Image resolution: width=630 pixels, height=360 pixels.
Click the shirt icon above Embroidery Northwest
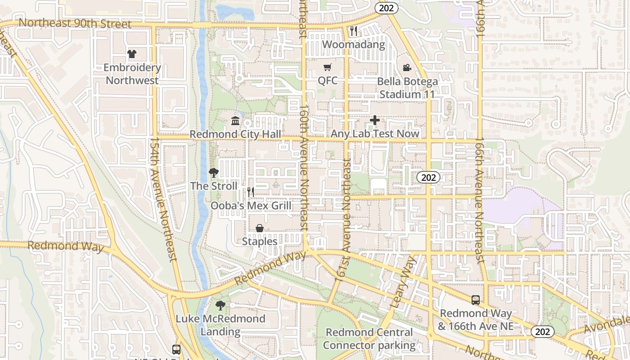(131, 54)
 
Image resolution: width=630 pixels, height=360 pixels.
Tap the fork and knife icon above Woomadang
(354, 31)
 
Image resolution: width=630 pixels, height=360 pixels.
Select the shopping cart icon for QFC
(327, 67)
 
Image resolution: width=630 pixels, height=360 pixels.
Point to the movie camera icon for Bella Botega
(407, 68)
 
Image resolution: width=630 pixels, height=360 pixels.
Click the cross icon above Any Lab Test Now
(374, 120)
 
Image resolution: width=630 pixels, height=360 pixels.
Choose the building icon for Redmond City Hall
(235, 121)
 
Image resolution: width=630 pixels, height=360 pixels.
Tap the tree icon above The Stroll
(214, 172)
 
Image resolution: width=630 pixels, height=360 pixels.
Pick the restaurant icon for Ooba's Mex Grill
(251, 192)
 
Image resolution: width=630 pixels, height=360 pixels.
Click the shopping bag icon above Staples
(260, 228)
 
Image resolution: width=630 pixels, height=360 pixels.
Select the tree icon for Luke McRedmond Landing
(220, 306)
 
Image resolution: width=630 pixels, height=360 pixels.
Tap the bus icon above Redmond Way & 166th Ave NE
(475, 300)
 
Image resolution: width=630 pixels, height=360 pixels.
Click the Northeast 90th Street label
(75, 23)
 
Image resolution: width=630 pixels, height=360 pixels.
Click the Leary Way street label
(402, 282)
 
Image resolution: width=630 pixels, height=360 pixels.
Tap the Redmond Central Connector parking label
(369, 339)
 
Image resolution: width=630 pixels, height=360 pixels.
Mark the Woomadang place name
(354, 45)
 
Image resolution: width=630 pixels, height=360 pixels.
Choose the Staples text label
(260, 242)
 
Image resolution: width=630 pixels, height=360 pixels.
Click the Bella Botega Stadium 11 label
(407, 88)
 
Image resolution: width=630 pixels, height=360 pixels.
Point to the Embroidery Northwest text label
(132, 74)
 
